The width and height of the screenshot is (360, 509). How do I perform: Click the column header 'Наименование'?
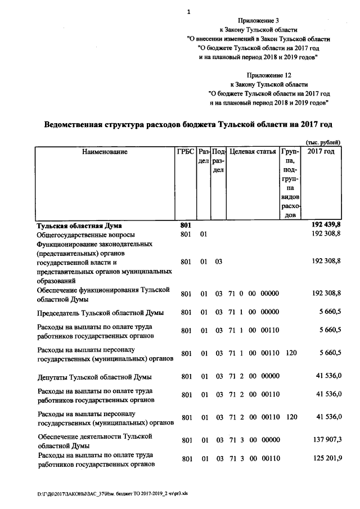click(105, 152)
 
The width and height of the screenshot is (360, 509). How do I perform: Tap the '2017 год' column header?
click(321, 152)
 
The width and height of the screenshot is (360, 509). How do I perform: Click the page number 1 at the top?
click(188, 11)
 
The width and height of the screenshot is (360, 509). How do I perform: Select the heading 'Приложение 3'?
click(258, 20)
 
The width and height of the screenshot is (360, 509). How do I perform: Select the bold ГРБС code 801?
click(186, 225)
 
